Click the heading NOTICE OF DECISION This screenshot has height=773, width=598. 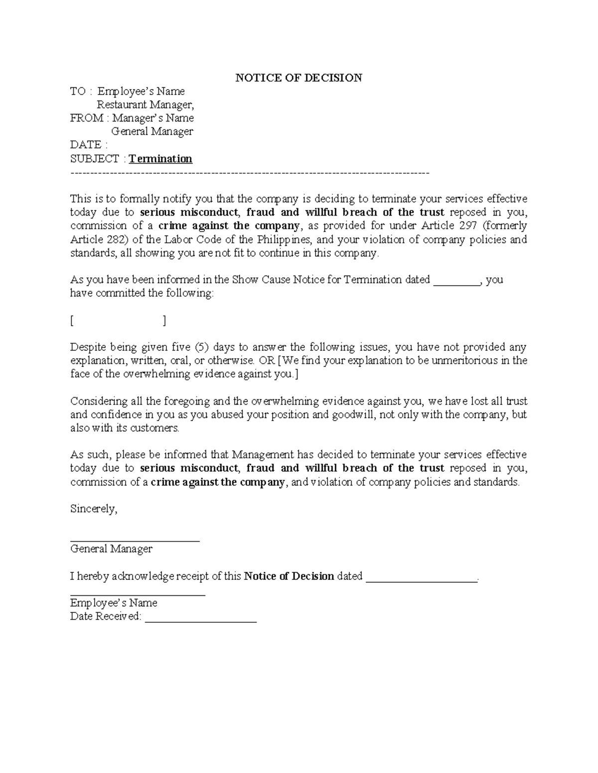tap(299, 78)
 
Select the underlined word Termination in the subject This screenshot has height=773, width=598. tap(160, 159)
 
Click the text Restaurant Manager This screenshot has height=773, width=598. tap(145, 105)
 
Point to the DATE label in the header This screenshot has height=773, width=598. tap(86, 145)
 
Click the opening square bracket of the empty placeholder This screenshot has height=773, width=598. tap(72, 321)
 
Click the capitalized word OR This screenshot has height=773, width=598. tap(268, 360)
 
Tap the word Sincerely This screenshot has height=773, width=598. tap(94, 509)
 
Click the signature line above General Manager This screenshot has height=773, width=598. tap(135, 540)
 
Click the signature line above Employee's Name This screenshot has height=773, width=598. tap(138, 594)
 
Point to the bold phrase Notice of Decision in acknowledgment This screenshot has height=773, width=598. tap(289, 576)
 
